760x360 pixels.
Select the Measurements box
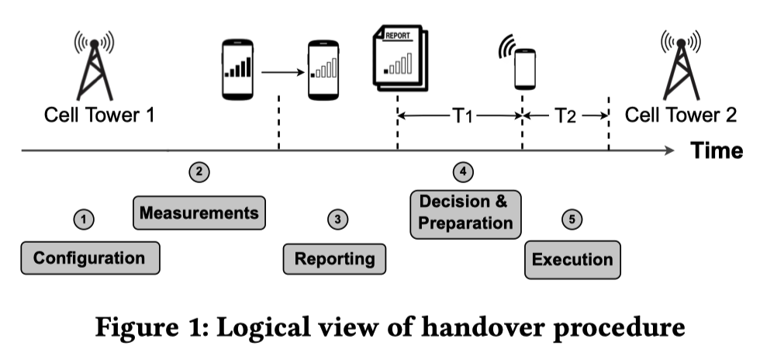(x=199, y=212)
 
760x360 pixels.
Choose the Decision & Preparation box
(x=465, y=212)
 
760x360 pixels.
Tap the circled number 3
(x=336, y=220)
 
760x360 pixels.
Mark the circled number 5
(x=572, y=220)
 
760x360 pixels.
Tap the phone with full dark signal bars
(x=238, y=69)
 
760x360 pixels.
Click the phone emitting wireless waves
(x=523, y=67)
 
